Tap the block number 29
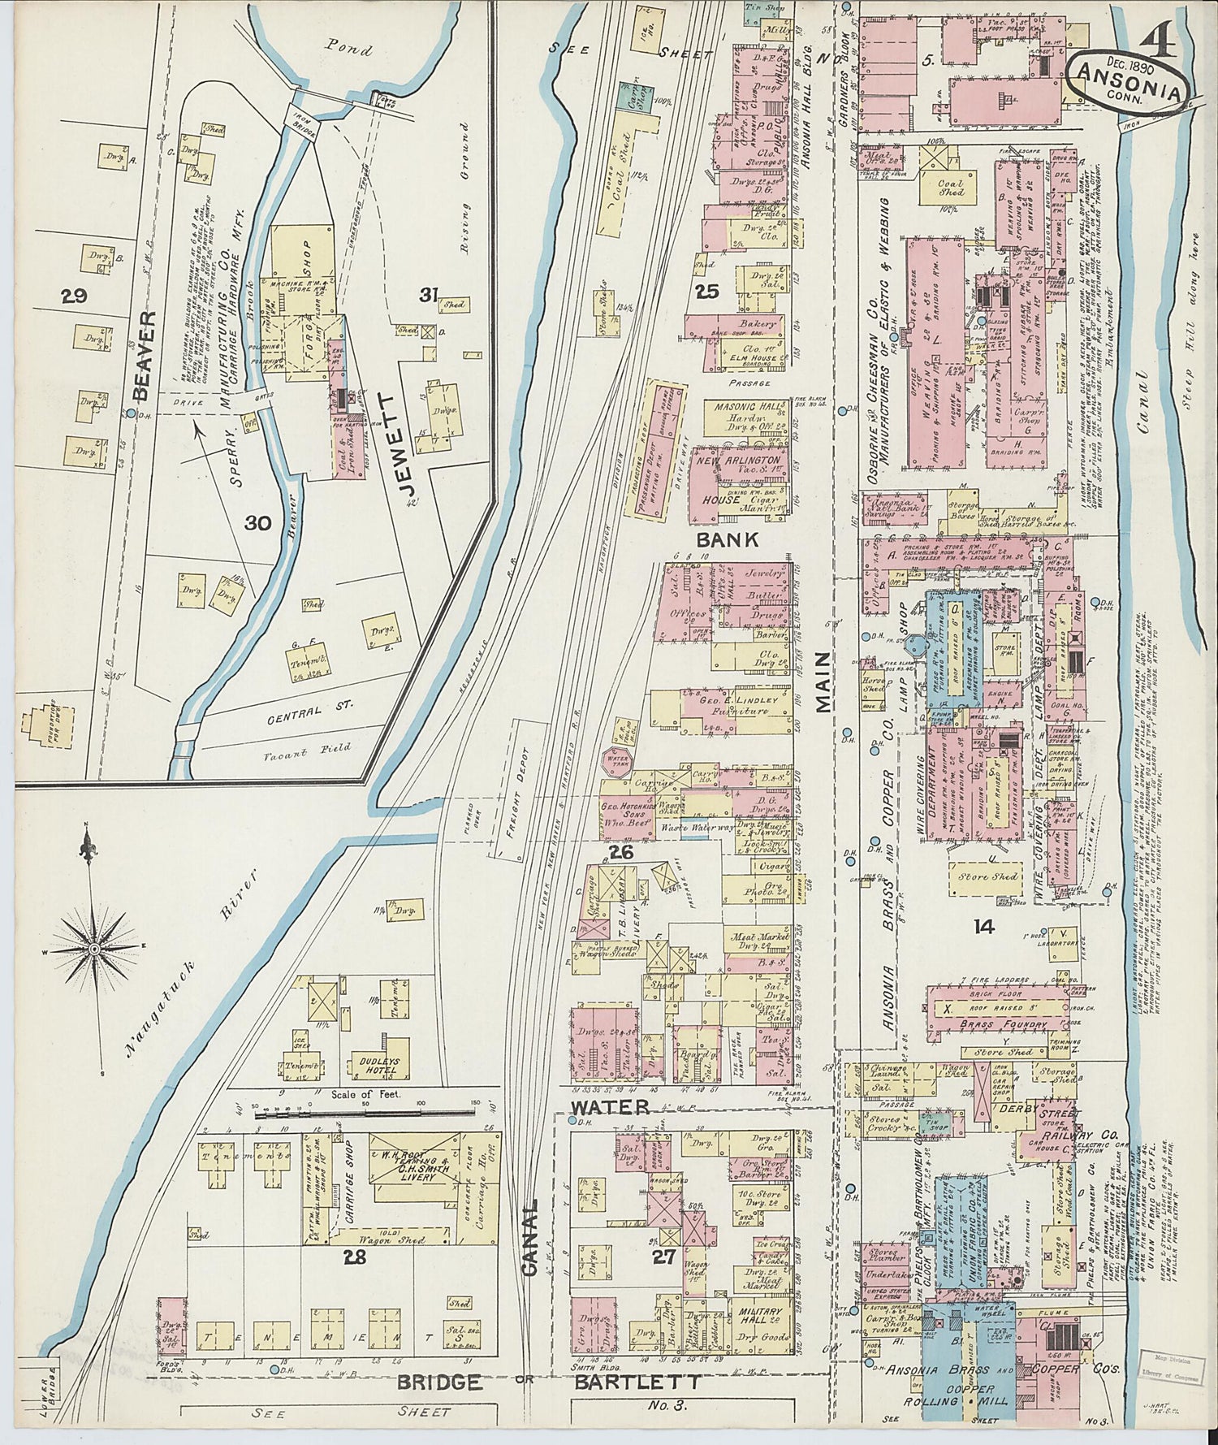(x=74, y=297)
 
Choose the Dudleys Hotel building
(x=376, y=1062)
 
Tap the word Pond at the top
(x=348, y=49)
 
